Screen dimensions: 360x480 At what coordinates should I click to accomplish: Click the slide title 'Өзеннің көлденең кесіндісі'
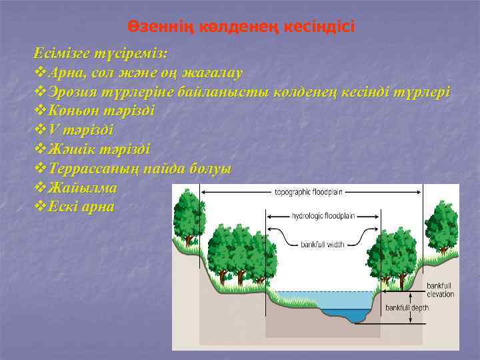(241, 27)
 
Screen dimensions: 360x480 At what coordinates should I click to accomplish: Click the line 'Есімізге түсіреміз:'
(101, 53)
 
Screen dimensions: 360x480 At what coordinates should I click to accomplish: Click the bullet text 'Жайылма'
(83, 188)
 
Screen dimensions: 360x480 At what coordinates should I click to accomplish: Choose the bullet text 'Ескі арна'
(81, 207)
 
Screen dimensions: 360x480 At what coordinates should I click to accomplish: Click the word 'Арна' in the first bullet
(69, 72)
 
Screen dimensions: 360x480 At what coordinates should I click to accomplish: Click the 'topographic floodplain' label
(309, 192)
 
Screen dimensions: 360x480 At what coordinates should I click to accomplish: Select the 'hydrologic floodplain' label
(323, 216)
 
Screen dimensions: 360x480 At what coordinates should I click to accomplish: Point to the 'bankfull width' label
(322, 245)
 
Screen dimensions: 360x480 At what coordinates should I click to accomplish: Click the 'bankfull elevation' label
(440, 290)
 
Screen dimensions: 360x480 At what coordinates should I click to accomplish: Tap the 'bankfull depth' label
(407, 308)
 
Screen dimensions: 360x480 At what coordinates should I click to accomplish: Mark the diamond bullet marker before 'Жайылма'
(39, 188)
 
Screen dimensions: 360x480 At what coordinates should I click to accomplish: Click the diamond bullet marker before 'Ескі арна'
(39, 207)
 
